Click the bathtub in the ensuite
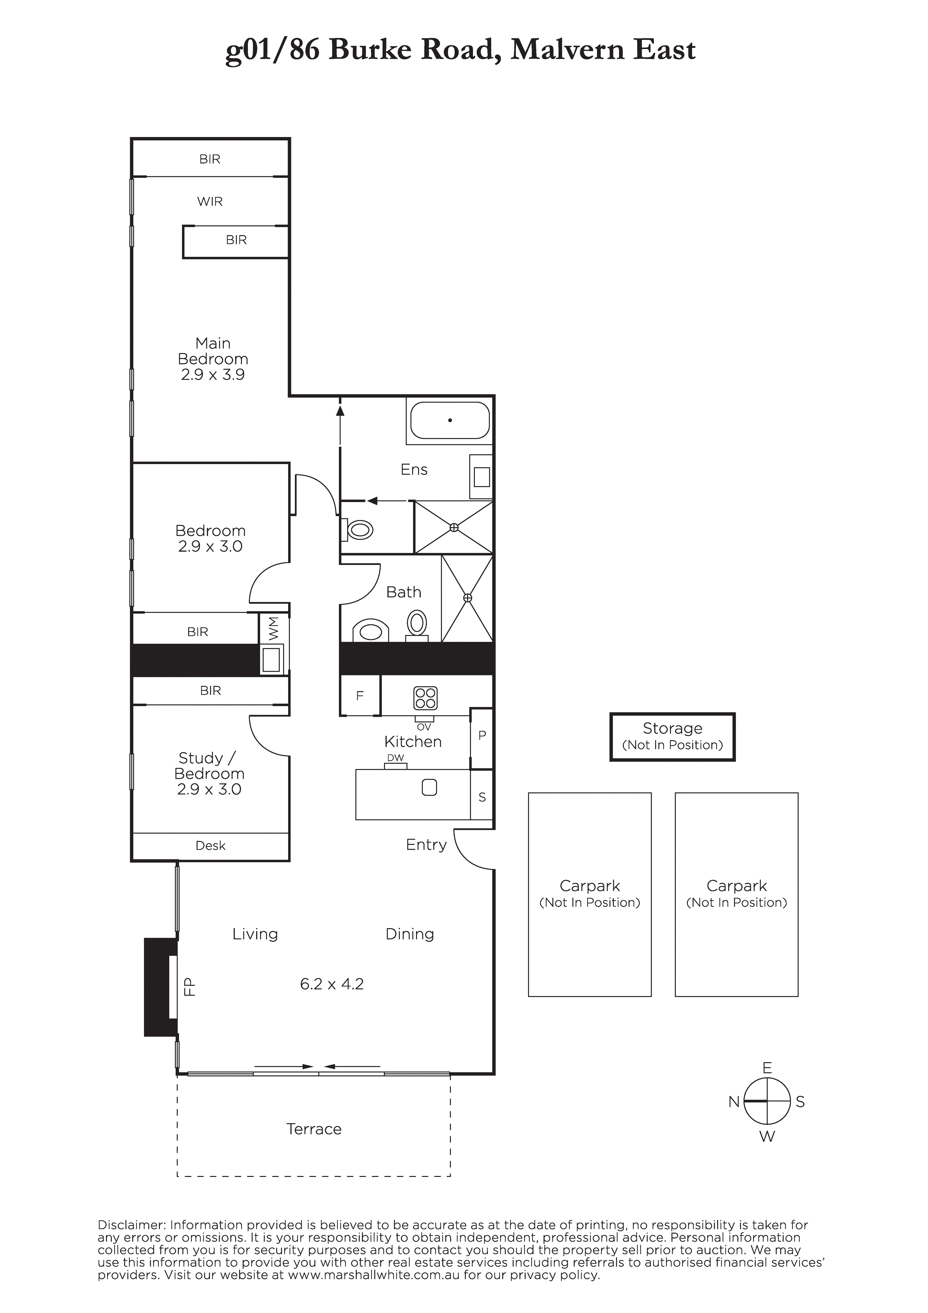pyautogui.click(x=450, y=420)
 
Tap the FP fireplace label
pyautogui.click(x=189, y=987)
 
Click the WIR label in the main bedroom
pyautogui.click(x=210, y=201)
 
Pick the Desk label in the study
pyautogui.click(x=210, y=845)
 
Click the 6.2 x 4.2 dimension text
pyautogui.click(x=332, y=984)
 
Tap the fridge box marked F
pyautogui.click(x=360, y=695)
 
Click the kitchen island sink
pyautogui.click(x=429, y=787)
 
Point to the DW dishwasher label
pyautogui.click(x=395, y=758)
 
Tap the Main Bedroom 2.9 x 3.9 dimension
pyautogui.click(x=213, y=374)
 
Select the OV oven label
pyautogui.click(x=424, y=727)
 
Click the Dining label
pyautogui.click(x=410, y=934)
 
